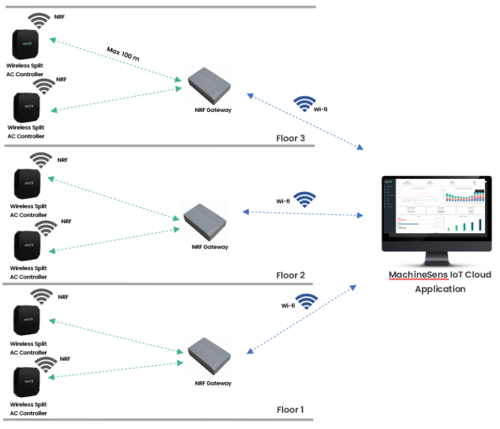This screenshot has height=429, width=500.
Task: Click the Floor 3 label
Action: coord(290,138)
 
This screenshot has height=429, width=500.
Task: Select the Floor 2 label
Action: coord(290,275)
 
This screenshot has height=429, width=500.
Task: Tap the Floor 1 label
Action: coord(290,409)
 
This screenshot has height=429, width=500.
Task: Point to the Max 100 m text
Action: coord(122,54)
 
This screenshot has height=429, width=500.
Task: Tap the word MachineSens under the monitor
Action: coord(415,275)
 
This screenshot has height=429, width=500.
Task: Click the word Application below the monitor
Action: coord(440,289)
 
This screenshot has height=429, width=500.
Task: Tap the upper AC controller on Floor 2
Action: coord(26,183)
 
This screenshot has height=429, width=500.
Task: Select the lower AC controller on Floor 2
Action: coord(26,245)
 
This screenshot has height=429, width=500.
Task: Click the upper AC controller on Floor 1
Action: coord(26,319)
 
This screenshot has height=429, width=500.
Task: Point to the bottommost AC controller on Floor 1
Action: coord(26,383)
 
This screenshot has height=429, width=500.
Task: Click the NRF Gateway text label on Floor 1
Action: coord(212,383)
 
